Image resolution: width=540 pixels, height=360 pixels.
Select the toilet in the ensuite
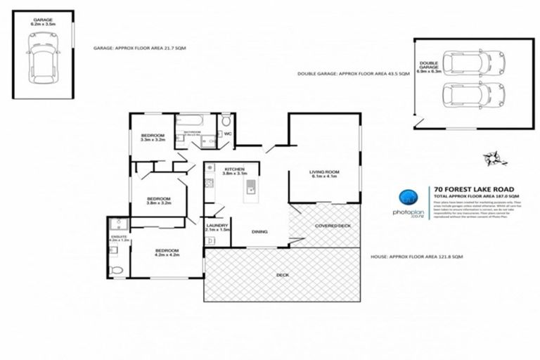click(117, 269)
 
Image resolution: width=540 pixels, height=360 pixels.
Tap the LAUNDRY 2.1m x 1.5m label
click(217, 226)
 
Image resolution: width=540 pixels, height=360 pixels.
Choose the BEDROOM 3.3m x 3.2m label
click(153, 137)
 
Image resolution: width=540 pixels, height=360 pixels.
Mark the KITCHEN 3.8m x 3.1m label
click(234, 172)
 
